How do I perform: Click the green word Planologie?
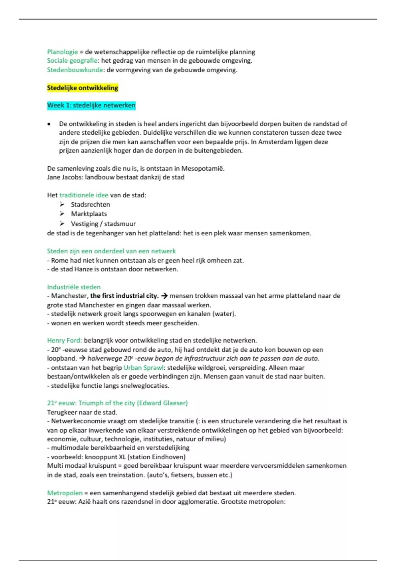tap(62, 52)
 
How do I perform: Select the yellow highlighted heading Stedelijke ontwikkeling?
tap(82, 88)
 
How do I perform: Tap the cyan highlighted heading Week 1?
tap(91, 105)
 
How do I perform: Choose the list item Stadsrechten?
tap(90, 205)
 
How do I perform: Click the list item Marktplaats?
tap(89, 214)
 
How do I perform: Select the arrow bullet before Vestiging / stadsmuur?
tap(62, 224)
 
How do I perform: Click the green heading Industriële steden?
tap(74, 287)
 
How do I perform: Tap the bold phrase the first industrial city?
tap(124, 296)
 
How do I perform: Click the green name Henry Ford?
tap(64, 341)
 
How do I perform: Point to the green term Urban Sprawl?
tap(144, 368)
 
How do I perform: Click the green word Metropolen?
tap(65, 493)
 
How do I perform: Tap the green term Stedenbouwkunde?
tap(75, 70)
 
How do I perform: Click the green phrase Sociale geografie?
tap(72, 61)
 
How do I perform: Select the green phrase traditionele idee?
tap(84, 195)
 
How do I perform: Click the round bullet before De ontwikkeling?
tap(49, 124)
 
